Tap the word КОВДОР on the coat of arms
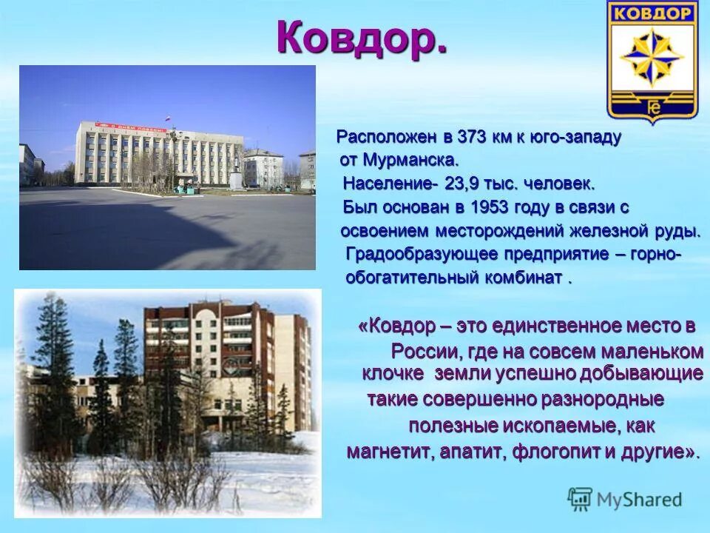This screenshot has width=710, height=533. [652, 13]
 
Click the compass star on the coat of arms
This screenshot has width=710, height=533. [652, 58]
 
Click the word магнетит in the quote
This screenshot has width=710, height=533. [387, 452]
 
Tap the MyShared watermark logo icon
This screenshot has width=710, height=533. [581, 499]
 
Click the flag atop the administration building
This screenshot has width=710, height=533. [168, 118]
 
